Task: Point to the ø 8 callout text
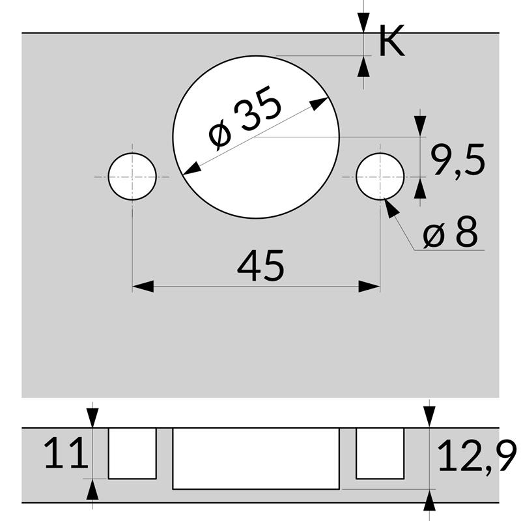point(450,232)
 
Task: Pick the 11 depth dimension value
point(66,454)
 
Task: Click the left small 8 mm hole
point(132,176)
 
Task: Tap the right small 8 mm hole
point(380,176)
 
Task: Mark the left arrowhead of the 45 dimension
point(143,286)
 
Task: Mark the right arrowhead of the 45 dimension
point(370,286)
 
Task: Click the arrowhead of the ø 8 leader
point(391,209)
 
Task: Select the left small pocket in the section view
point(132,453)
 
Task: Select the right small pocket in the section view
point(380,453)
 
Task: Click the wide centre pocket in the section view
point(256,458)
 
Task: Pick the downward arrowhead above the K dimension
point(363,23)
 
